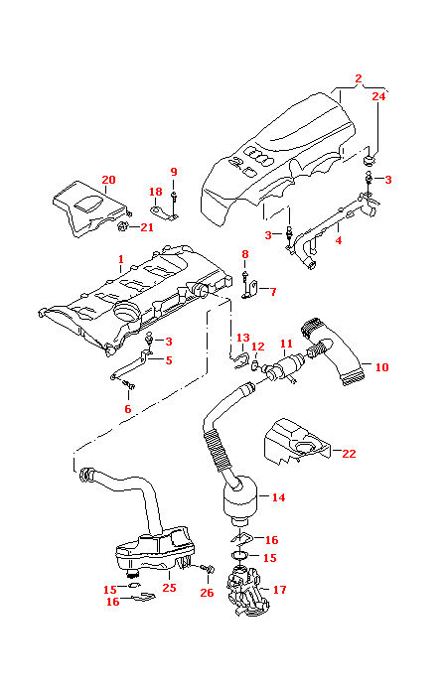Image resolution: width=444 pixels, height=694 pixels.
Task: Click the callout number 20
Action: point(108,180)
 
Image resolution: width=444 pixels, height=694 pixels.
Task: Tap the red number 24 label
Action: point(378,96)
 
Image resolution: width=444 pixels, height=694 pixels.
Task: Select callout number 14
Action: point(277,497)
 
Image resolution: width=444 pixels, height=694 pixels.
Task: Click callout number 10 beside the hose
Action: point(382,366)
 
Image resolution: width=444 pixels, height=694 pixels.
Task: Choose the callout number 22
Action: point(348,453)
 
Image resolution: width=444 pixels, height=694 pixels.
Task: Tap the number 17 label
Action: point(279,589)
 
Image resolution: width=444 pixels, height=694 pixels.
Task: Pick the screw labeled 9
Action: point(174,200)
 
